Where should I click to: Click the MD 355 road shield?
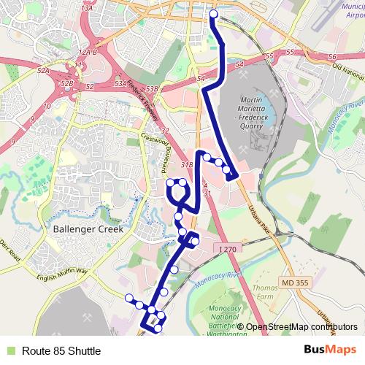point(294,282)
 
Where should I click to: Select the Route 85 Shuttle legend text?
point(61,351)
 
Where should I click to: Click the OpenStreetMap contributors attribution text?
point(301,327)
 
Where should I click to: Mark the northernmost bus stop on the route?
point(214,14)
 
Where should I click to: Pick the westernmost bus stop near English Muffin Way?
point(128,297)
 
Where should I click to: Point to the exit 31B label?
point(187,165)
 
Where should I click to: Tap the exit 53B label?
point(152,88)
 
